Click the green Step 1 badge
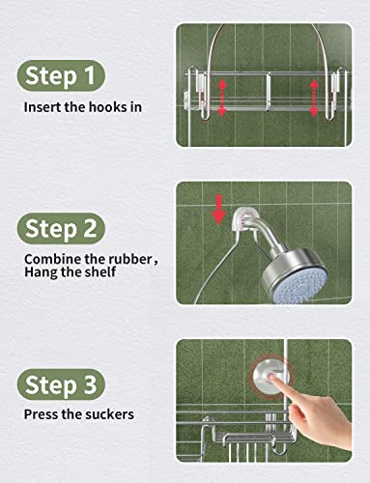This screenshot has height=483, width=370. click(x=61, y=76)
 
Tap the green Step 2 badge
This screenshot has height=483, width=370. click(x=61, y=229)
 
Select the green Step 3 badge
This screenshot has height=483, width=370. click(x=61, y=384)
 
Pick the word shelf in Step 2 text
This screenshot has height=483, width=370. click(x=100, y=272)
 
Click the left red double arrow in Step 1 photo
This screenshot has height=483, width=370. click(x=222, y=98)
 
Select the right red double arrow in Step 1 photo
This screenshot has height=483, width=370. click(x=314, y=98)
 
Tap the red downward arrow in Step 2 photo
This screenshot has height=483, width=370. click(x=219, y=210)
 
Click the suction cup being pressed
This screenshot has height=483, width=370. click(x=270, y=376)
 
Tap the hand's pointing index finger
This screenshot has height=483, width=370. click(x=283, y=384)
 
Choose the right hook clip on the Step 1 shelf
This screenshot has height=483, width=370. click(x=335, y=95)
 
